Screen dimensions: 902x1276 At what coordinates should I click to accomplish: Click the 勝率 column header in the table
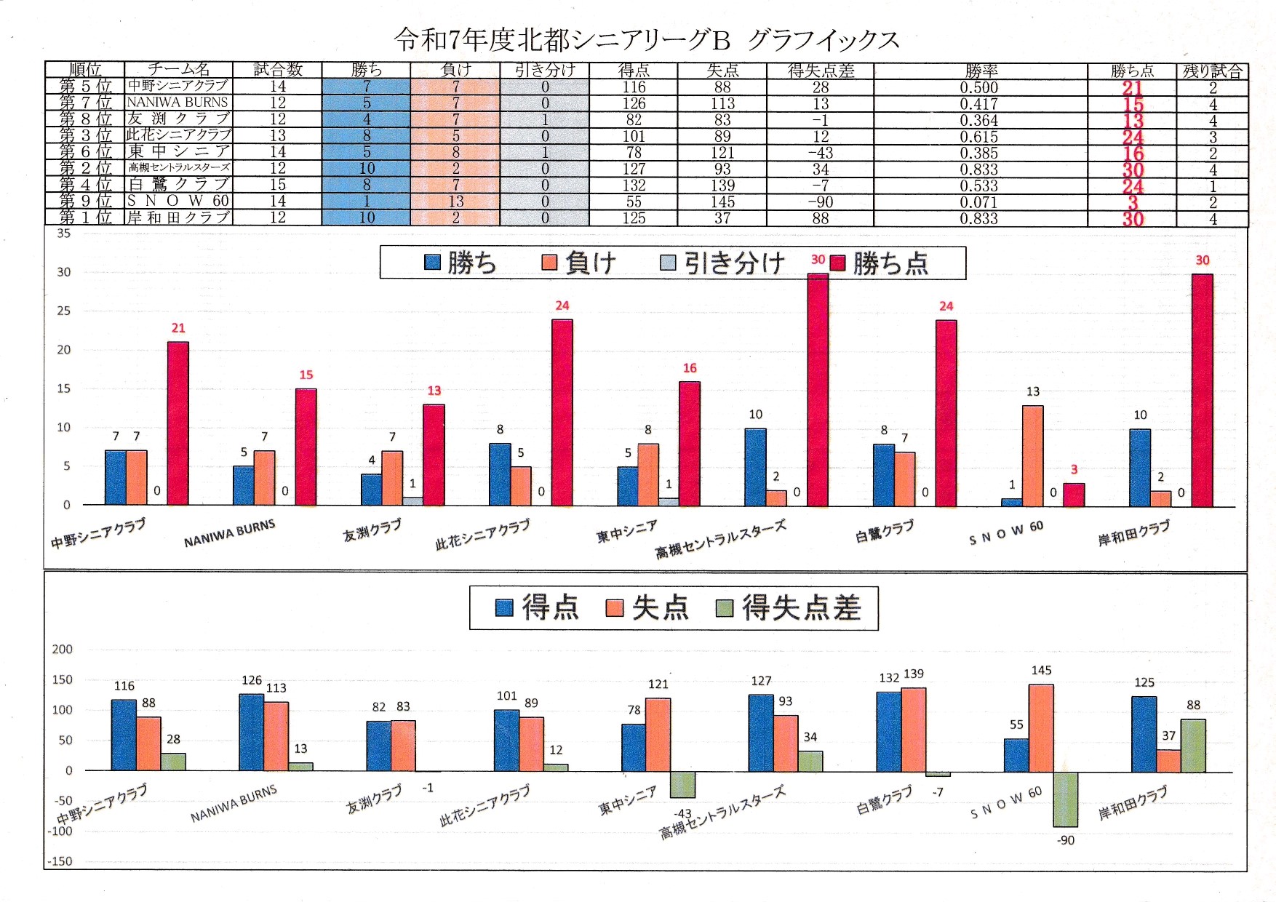[x=981, y=71]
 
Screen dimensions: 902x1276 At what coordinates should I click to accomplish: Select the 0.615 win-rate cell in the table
[x=979, y=137]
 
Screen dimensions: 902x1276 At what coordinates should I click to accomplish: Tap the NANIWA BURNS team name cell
[x=178, y=103]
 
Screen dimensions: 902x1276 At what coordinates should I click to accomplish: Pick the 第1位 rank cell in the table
[x=85, y=217]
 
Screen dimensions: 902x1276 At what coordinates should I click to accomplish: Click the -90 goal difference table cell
[x=820, y=202]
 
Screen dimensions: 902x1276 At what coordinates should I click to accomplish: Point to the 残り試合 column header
[x=1212, y=71]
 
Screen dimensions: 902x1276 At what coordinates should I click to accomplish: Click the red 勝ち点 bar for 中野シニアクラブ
[x=178, y=423]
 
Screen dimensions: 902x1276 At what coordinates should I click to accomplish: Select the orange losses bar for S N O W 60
[x=1033, y=455]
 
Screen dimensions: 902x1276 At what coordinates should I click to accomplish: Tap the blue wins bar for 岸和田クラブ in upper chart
[x=1140, y=468]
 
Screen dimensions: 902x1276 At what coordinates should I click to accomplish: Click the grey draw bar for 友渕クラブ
[x=412, y=501]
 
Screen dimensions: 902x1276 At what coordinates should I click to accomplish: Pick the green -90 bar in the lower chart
[x=1065, y=799]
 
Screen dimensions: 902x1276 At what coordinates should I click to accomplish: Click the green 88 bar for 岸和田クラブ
[x=1193, y=746]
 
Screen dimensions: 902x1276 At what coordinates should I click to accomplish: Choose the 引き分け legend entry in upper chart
[x=723, y=263]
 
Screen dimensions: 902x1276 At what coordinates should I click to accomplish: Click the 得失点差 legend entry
[x=789, y=608]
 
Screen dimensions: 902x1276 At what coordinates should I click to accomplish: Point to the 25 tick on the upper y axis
[x=64, y=311]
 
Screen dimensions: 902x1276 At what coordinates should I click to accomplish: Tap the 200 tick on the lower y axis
[x=63, y=649]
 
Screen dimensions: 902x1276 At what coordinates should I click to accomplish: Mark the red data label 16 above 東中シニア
[x=690, y=368]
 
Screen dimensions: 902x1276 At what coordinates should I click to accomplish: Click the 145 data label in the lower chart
[x=1041, y=670]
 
